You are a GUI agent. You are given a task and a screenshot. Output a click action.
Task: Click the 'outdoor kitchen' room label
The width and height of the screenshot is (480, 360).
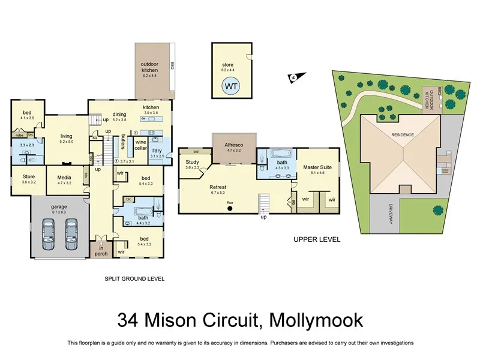coord(149,67)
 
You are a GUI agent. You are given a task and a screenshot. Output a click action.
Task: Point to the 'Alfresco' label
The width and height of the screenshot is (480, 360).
coord(233,145)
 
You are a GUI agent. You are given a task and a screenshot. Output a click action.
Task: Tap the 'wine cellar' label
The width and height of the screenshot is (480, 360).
coord(141,145)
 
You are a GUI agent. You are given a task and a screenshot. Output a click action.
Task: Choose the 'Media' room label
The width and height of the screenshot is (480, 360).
coord(64,178)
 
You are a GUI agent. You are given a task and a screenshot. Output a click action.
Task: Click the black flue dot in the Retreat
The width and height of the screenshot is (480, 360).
coord(229,209)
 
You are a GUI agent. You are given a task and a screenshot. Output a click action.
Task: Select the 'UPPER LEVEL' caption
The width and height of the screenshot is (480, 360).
coord(317,239)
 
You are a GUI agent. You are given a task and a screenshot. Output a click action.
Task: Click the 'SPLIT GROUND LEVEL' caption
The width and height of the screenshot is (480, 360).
coord(134,279)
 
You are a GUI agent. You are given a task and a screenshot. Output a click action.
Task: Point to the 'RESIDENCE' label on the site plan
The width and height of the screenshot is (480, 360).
coord(403,135)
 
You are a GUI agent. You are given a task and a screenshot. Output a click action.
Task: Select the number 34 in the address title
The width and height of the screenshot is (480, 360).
coord(129,319)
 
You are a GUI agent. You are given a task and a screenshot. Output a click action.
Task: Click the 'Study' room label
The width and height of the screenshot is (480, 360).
coord(192,162)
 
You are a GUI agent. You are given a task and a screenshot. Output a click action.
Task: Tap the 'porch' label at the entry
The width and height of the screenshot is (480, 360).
coord(100,253)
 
